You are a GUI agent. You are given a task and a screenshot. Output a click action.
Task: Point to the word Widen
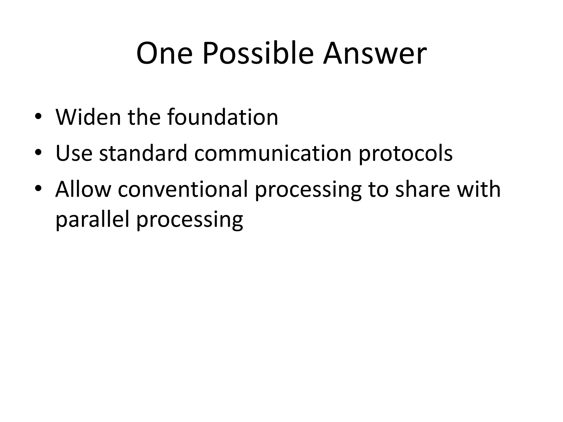[x=88, y=117]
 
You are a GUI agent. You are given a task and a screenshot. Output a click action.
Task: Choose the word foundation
[x=223, y=117]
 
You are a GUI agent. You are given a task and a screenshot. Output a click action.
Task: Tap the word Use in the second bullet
[x=74, y=153]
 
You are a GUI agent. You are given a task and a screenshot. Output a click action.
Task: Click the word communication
[x=273, y=153]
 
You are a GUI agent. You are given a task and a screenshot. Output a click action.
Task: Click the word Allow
[x=83, y=189]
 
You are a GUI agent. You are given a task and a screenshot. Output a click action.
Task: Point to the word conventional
[x=183, y=189]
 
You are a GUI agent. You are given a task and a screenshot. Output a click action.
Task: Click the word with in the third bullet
[x=479, y=189]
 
